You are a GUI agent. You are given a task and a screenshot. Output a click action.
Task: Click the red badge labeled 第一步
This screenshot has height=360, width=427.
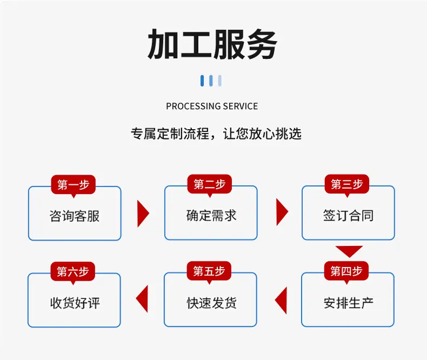(x=74, y=185)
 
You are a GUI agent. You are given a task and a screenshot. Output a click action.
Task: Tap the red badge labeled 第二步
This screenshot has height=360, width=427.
(x=209, y=185)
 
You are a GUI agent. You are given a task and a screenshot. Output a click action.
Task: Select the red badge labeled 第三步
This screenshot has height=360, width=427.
(x=346, y=185)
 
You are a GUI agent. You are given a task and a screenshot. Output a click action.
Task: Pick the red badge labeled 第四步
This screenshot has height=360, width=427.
(x=346, y=271)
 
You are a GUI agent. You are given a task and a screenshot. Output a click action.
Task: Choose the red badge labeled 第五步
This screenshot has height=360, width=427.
(x=209, y=271)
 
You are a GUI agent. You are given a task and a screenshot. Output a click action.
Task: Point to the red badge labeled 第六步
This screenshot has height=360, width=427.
(x=73, y=272)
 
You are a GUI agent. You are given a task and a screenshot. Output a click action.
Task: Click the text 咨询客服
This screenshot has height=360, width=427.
(x=75, y=216)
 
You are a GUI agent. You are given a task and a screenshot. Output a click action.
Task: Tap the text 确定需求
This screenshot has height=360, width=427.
(x=211, y=215)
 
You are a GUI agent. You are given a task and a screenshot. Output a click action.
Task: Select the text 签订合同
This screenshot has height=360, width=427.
(x=348, y=215)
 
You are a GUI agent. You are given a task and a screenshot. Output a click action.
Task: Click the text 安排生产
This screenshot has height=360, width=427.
(x=348, y=303)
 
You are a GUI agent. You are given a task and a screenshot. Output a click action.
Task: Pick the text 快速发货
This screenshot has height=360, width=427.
(x=211, y=303)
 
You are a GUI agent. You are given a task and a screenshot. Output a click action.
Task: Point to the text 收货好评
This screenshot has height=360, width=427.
(x=75, y=303)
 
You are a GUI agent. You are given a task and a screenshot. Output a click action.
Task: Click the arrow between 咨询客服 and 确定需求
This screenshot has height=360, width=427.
(x=143, y=214)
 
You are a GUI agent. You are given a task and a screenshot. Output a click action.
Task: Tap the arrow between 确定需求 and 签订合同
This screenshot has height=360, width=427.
(x=282, y=212)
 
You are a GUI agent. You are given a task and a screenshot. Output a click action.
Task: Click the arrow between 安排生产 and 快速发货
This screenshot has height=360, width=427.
(x=281, y=301)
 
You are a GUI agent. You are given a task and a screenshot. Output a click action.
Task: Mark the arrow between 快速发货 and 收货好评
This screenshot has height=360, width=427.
(x=142, y=299)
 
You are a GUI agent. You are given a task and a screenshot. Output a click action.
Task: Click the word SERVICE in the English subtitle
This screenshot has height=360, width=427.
(x=240, y=106)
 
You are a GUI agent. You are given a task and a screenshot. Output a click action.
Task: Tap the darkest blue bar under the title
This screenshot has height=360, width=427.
(x=202, y=81)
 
